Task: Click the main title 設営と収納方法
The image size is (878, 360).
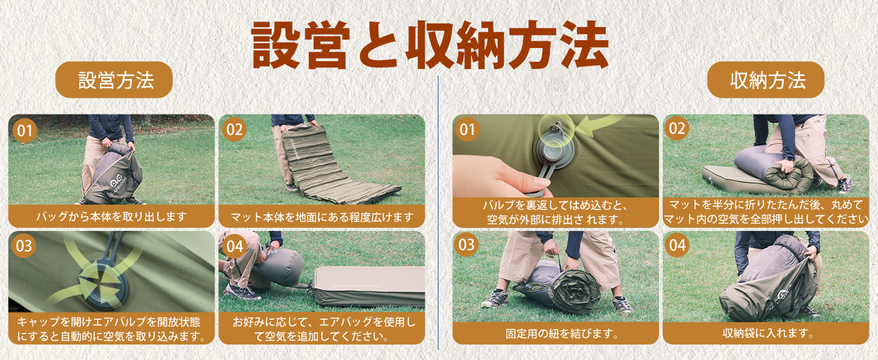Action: pyautogui.click(x=430, y=44)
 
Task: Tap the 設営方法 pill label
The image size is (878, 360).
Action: pyautogui.click(x=114, y=80)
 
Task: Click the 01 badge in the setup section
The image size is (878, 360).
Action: pyautogui.click(x=25, y=131)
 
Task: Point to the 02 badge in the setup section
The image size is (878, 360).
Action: pyautogui.click(x=234, y=130)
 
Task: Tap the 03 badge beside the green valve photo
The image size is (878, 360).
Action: pyautogui.click(x=24, y=246)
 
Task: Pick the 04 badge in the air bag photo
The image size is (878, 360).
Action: pyautogui.click(x=234, y=246)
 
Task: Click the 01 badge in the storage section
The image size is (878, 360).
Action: pyautogui.click(x=467, y=130)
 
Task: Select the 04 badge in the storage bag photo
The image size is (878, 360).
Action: pyautogui.click(x=677, y=245)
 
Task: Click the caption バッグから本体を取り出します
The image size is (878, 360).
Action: pyautogui.click(x=112, y=217)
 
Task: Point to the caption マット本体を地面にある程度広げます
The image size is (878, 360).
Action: pyautogui.click(x=322, y=217)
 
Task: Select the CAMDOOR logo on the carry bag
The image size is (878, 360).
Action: pyautogui.click(x=117, y=185)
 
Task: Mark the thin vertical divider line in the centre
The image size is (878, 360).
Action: pyautogui.click(x=438, y=212)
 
